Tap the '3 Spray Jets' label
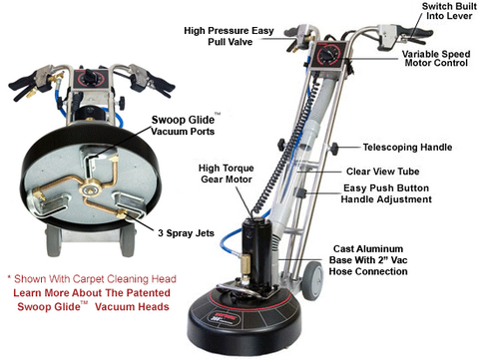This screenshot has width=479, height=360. point(154,232)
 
